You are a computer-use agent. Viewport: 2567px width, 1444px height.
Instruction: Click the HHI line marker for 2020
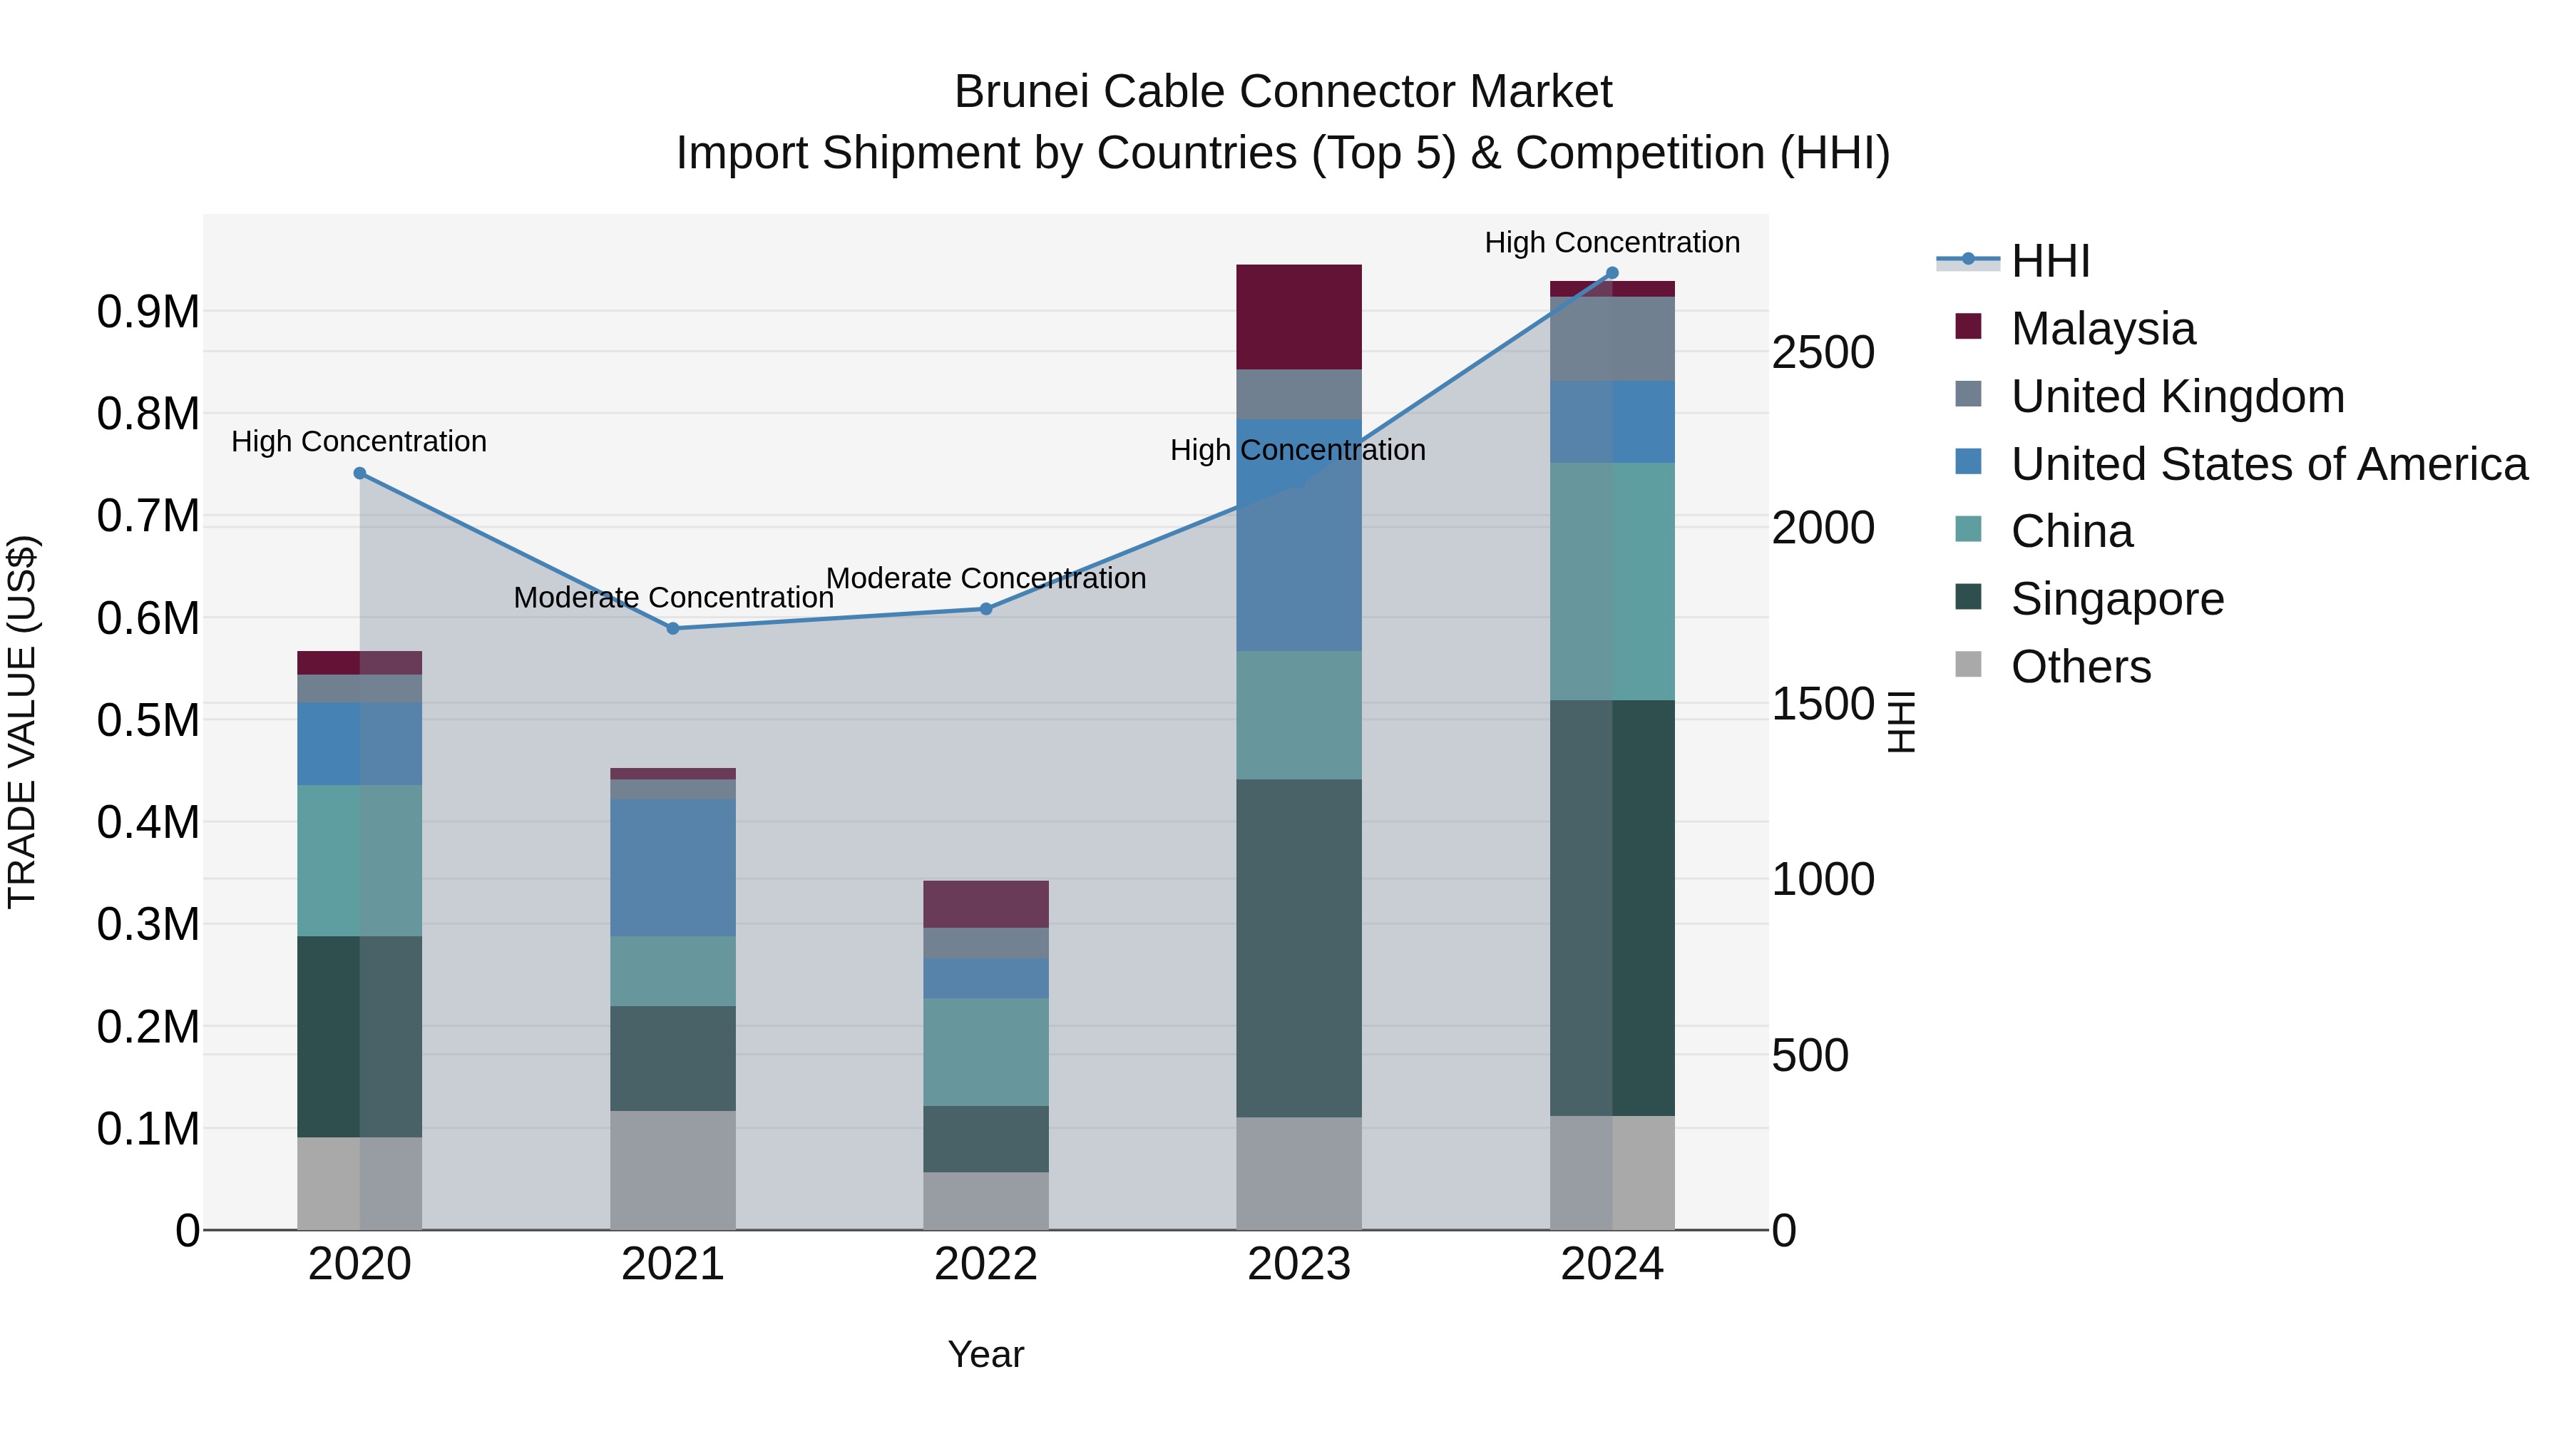(x=360, y=473)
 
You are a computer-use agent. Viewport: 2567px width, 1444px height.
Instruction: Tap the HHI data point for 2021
(x=672, y=629)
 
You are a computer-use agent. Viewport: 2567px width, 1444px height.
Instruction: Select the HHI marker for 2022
(x=985, y=609)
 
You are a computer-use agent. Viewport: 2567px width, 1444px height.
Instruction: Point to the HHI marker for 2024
(x=1612, y=273)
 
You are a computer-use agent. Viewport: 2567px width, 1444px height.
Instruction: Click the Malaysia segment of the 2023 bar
(x=1298, y=317)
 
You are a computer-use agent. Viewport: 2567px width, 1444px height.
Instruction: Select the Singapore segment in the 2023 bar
(x=1298, y=948)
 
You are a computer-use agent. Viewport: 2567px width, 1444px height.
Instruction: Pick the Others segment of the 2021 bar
(x=672, y=1170)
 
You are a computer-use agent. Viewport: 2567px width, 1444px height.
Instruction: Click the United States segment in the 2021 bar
(x=672, y=867)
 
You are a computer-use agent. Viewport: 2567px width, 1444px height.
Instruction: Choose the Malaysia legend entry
(x=2103, y=329)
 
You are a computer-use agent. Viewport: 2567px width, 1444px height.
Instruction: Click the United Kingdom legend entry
(x=2178, y=396)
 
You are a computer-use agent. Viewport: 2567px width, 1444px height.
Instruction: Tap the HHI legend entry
(x=2050, y=261)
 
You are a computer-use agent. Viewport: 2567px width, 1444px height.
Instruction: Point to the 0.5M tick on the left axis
(x=148, y=720)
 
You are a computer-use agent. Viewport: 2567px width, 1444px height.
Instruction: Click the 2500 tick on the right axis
(x=1823, y=353)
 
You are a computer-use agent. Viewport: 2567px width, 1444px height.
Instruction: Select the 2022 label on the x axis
(x=985, y=1264)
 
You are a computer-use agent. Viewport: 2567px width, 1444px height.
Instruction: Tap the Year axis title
(x=985, y=1354)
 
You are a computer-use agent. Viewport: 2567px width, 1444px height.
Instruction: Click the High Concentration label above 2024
(x=1612, y=242)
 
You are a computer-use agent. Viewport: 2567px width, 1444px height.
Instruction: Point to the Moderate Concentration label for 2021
(x=672, y=598)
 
